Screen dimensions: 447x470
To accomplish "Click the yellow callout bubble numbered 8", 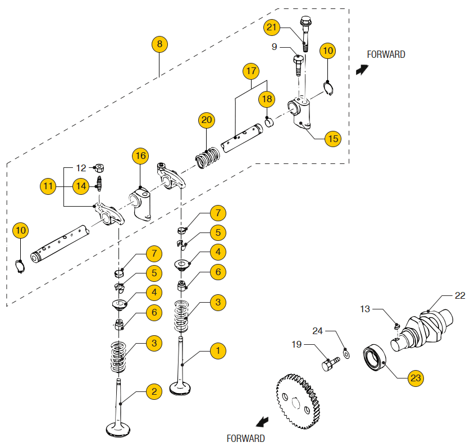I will click(x=159, y=44).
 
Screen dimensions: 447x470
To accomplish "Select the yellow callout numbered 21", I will click(x=272, y=28).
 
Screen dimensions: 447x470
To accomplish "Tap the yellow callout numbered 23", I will click(x=415, y=378).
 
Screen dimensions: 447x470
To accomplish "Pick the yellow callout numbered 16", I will click(x=140, y=156).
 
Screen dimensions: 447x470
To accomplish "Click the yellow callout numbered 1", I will click(x=217, y=351).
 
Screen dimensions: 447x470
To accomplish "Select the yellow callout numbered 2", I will click(x=153, y=391).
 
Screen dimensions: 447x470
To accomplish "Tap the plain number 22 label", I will click(x=459, y=296).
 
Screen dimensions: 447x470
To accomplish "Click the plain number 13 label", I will click(x=365, y=308).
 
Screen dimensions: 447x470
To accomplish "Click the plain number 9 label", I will click(x=275, y=47).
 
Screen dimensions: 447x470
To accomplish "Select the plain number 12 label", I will click(x=81, y=167).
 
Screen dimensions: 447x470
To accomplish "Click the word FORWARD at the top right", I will click(x=386, y=54).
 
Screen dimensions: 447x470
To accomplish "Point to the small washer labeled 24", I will click(x=347, y=354).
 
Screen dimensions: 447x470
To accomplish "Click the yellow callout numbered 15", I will click(x=334, y=138).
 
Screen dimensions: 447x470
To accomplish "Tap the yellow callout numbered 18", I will click(x=267, y=99).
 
